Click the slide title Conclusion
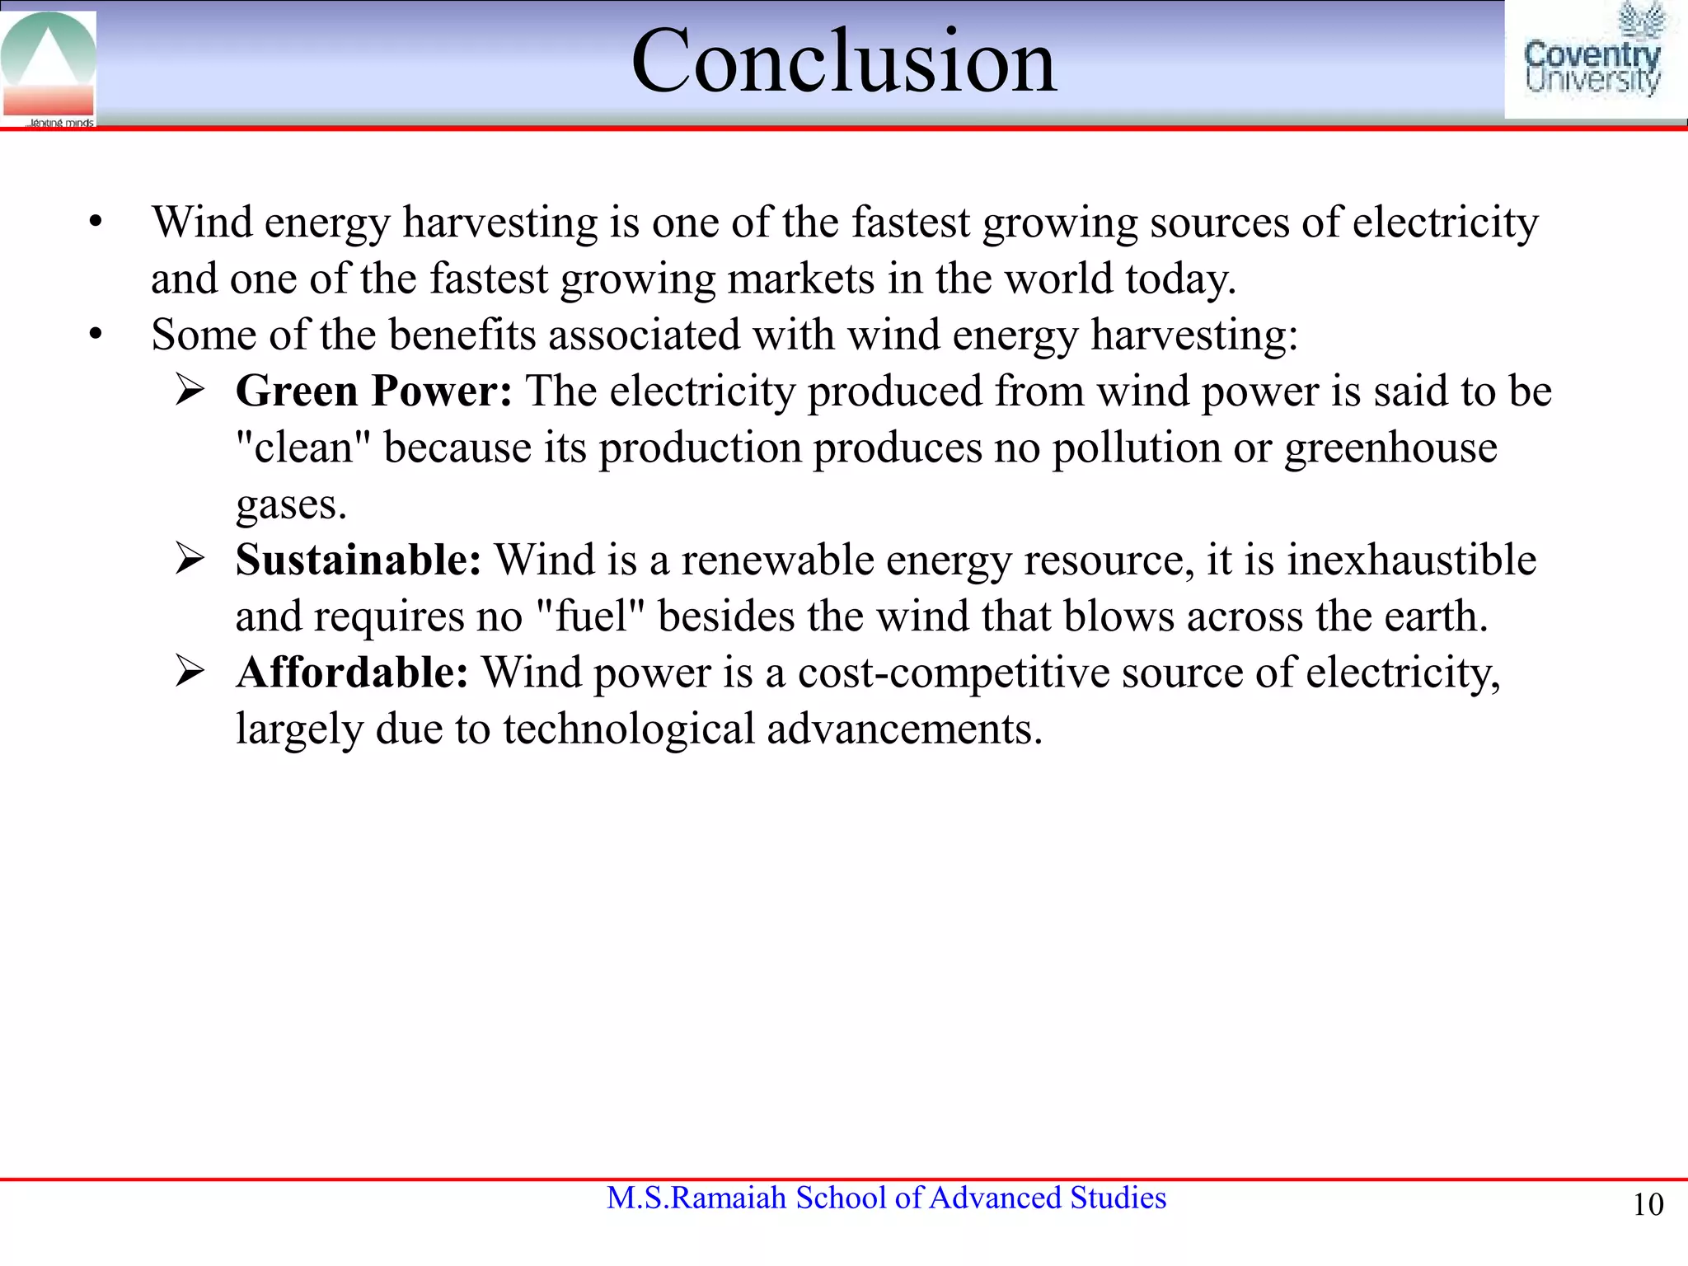[843, 61]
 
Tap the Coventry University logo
[1592, 59]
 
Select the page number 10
[1648, 1205]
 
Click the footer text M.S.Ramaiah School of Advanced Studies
[886, 1198]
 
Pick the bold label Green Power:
[373, 391]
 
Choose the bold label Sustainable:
[358, 560]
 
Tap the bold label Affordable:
[352, 673]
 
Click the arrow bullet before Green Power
[190, 391]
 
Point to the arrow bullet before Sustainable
[190, 560]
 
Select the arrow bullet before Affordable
[190, 673]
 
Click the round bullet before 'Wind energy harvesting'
[96, 223]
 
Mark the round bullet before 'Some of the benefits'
[96, 335]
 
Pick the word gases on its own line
[290, 504]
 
